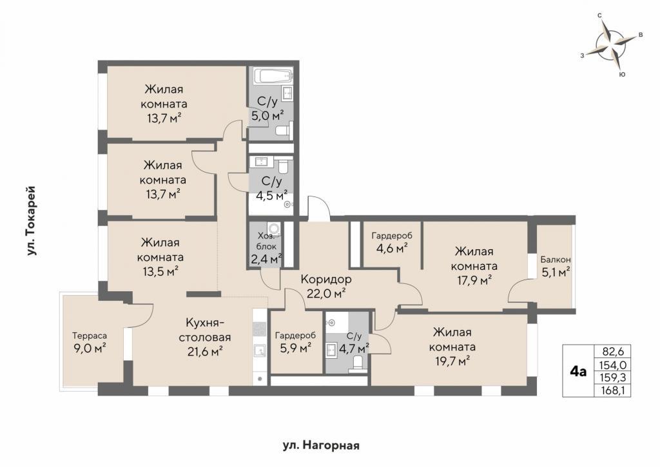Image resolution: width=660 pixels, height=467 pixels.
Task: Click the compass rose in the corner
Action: pyautogui.click(x=611, y=45)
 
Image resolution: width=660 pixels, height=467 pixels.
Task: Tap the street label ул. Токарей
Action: pyautogui.click(x=31, y=221)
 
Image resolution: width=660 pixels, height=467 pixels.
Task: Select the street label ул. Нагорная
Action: pyautogui.click(x=320, y=445)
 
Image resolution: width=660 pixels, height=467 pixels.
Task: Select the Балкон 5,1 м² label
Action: pyautogui.click(x=555, y=266)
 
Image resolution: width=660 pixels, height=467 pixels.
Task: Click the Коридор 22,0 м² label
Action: pyautogui.click(x=326, y=286)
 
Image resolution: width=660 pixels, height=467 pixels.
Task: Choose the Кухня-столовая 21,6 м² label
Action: pyautogui.click(x=205, y=337)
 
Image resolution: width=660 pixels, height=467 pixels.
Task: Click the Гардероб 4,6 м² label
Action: pyautogui.click(x=391, y=242)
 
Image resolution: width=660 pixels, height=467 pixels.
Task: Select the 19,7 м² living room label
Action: pyautogui.click(x=452, y=347)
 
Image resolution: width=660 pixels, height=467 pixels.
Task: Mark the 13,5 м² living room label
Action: pyautogui.click(x=160, y=257)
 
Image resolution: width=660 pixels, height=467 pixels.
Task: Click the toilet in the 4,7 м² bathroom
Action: pyautogui.click(x=358, y=363)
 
